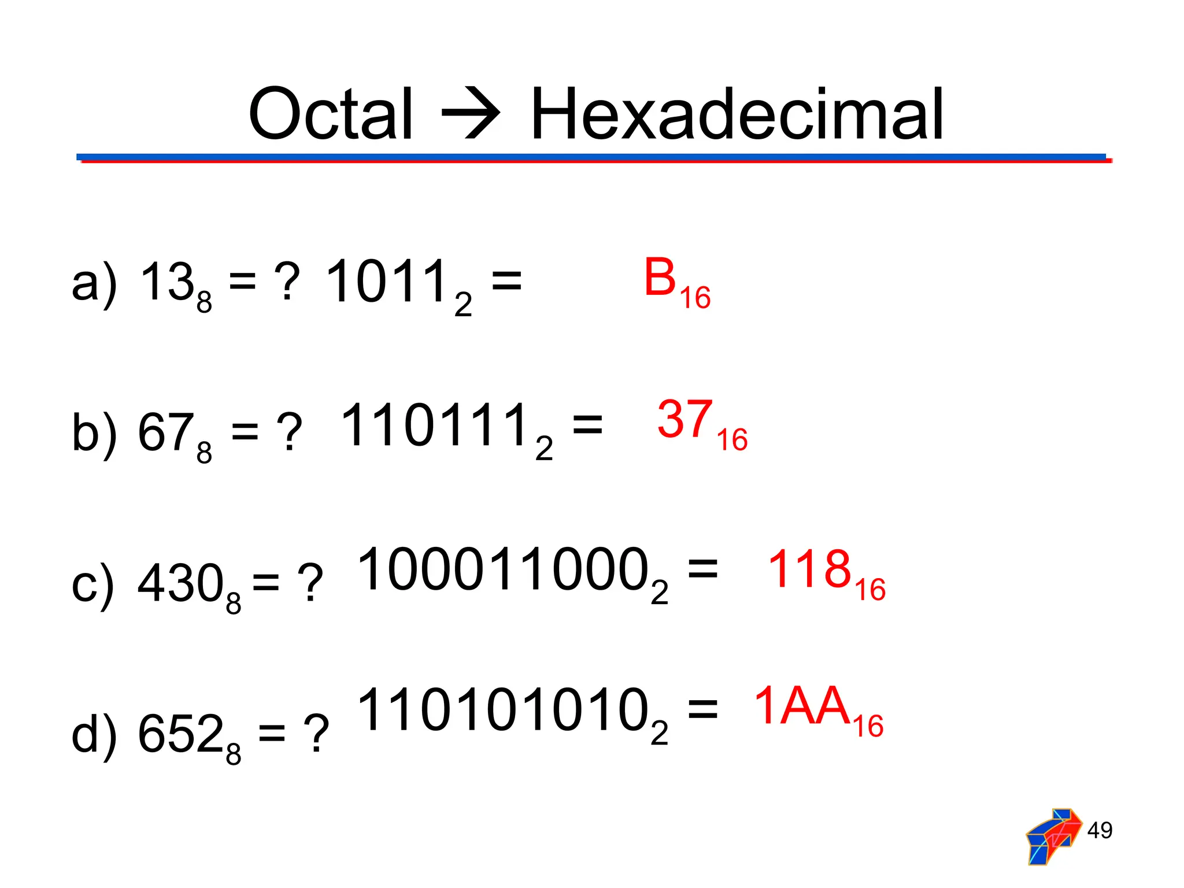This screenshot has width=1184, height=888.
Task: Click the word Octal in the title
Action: click(x=330, y=114)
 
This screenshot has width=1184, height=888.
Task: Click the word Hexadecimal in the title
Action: click(x=737, y=114)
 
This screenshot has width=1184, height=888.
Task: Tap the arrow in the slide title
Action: click(x=471, y=114)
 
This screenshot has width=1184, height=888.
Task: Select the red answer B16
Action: click(x=676, y=282)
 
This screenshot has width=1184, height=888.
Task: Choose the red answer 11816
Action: click(x=826, y=573)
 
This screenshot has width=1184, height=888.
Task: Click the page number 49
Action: click(x=1099, y=830)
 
